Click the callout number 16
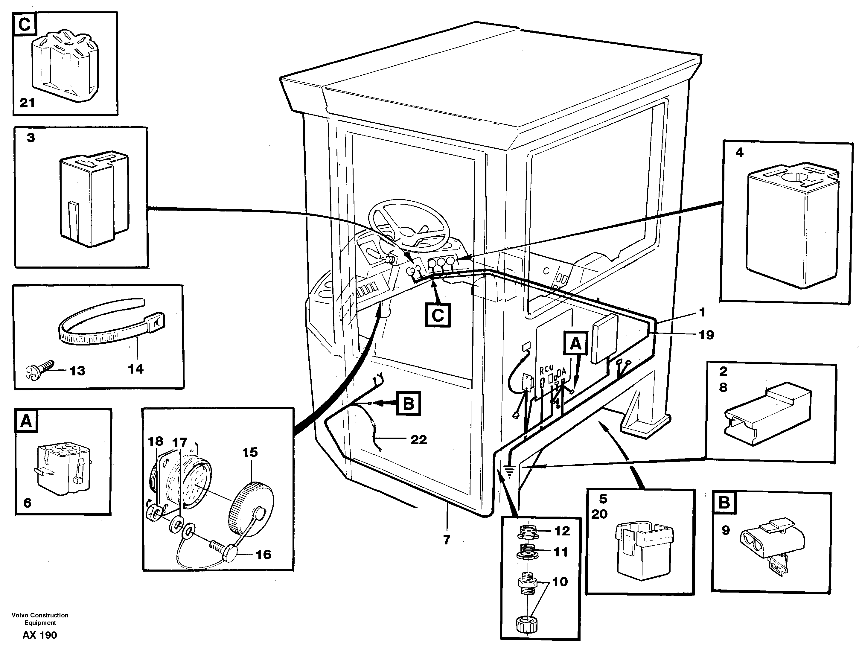[263, 555]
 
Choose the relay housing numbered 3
[93, 200]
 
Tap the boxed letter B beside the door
[408, 404]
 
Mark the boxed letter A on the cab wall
[575, 344]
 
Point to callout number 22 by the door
[419, 440]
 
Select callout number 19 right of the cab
[706, 334]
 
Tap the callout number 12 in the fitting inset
[562, 531]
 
